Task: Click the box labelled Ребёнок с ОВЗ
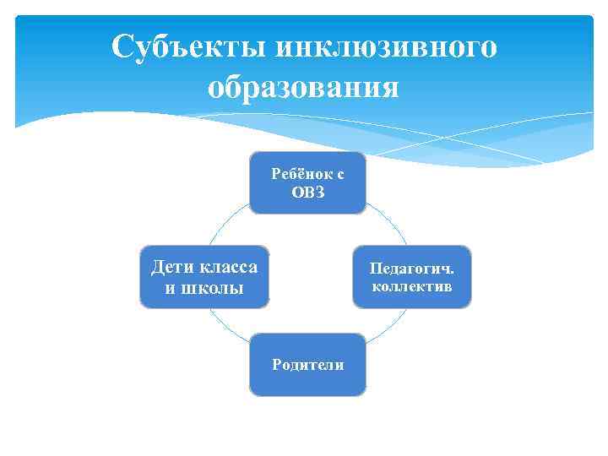tap(307, 182)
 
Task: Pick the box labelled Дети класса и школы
tap(204, 277)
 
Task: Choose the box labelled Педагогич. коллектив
tap(411, 277)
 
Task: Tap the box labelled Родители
tap(307, 365)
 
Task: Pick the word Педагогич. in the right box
tap(411, 269)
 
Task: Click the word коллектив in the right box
tap(411, 287)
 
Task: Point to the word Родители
tap(307, 365)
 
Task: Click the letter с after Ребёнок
tap(339, 173)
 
